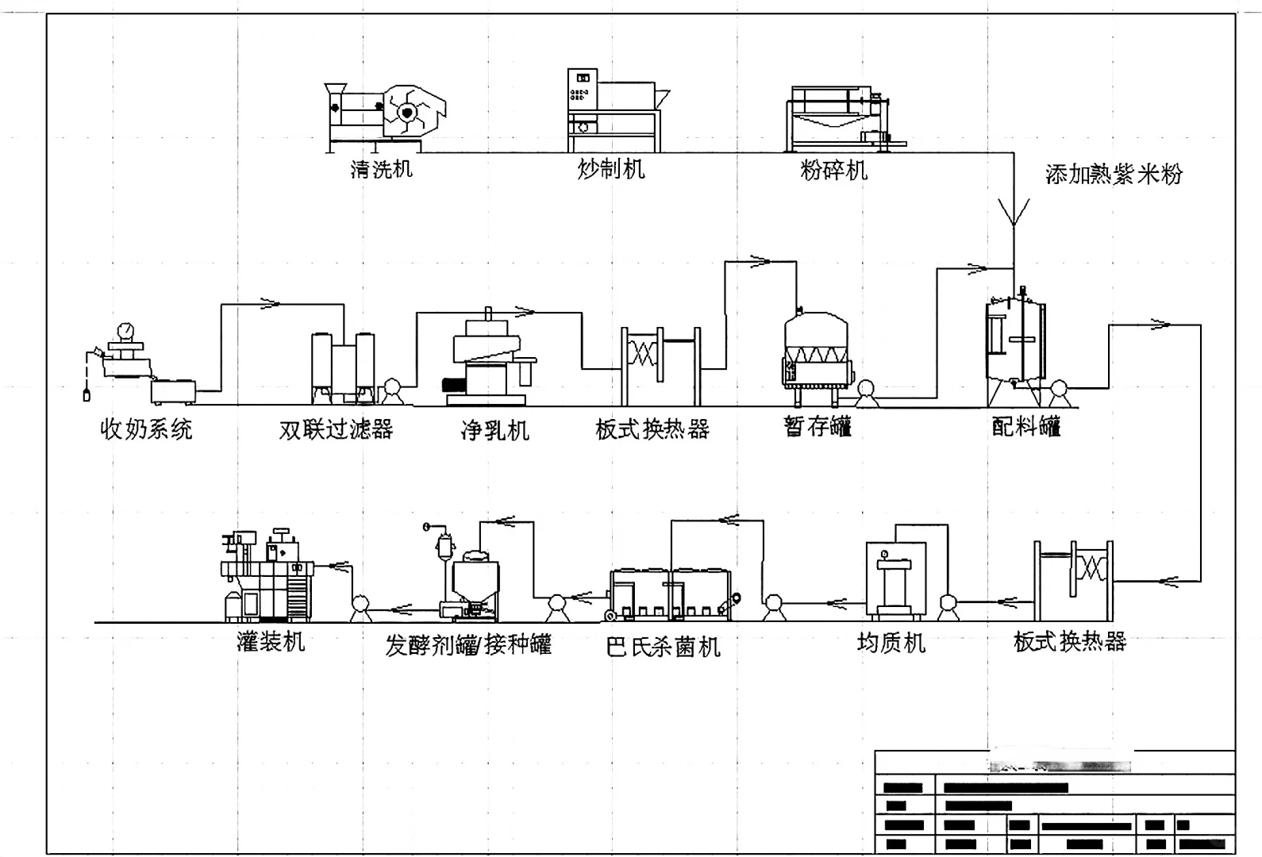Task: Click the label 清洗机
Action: [x=381, y=169]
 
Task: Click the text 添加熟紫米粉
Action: [x=1113, y=175]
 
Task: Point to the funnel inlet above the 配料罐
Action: [x=1014, y=213]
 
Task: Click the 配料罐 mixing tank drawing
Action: [x=1014, y=341]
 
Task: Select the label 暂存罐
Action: [x=818, y=427]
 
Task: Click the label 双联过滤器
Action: [x=336, y=430]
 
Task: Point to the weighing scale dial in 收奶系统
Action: [x=124, y=329]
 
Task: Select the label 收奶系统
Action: [x=146, y=430]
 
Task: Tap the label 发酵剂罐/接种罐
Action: [x=468, y=645]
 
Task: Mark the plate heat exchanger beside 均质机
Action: [x=1073, y=580]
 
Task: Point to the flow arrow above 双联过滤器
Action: [x=271, y=303]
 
